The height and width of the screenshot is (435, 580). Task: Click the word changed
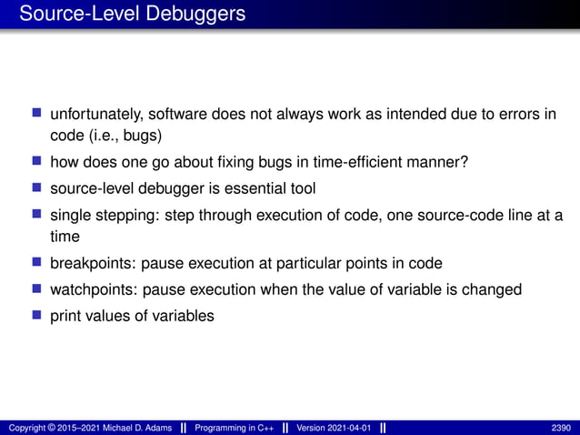pyautogui.click(x=489, y=289)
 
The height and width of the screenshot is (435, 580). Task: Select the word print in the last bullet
pyautogui.click(x=65, y=316)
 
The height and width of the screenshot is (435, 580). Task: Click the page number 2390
pyautogui.click(x=562, y=428)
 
